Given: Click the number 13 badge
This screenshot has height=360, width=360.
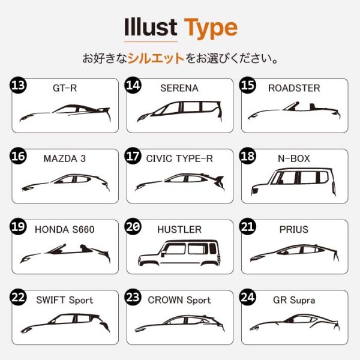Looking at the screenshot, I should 19,86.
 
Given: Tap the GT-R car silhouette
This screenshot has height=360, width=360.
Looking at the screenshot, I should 65,113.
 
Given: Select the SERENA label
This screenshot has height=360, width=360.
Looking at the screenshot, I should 179,88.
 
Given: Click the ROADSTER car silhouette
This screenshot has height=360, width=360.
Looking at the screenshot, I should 294,112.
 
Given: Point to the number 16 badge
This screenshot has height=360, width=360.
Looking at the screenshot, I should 19,157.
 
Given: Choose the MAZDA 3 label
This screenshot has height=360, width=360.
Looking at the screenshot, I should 65,159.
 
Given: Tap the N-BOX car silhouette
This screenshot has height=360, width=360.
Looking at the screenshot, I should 294,182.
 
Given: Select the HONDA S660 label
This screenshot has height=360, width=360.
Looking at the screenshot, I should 65,229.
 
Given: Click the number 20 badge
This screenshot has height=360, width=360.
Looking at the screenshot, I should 133,227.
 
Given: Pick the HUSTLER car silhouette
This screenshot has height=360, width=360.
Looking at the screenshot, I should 179,252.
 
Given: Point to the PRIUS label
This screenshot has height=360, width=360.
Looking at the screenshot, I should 294,229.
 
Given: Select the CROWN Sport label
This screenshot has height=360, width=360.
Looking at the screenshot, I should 179,300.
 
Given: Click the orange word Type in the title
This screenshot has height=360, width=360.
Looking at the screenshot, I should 210,28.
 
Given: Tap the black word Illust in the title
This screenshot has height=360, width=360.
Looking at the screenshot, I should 151,28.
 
